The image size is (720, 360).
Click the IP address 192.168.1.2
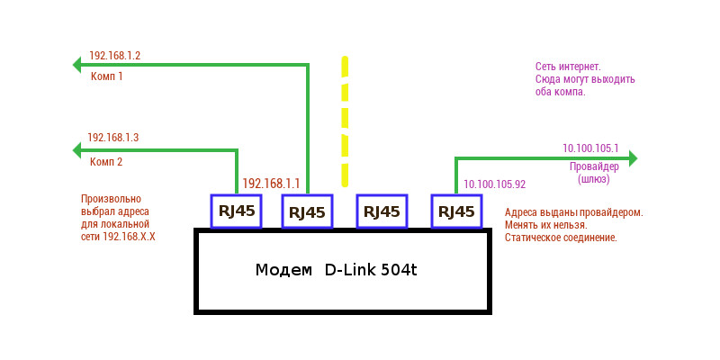(113, 56)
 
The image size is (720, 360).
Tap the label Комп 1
(107, 76)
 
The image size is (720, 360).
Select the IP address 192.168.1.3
(112, 138)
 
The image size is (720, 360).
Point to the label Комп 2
(107, 162)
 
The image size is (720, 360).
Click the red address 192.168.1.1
(271, 183)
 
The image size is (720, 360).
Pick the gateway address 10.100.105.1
(590, 148)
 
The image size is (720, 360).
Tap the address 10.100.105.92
(494, 184)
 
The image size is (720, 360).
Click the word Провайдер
(594, 166)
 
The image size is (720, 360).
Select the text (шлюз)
(594, 179)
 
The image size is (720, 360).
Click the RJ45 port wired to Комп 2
(236, 211)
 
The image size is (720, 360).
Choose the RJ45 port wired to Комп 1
(308, 211)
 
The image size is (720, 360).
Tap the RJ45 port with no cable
(382, 211)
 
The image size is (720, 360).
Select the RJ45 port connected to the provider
(455, 211)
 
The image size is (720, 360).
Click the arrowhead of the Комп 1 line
(77, 64)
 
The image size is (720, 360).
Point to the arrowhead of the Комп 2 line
(77, 151)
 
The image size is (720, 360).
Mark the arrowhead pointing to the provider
(632, 158)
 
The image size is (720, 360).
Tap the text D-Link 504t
(371, 270)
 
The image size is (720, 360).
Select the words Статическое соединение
(561, 238)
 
